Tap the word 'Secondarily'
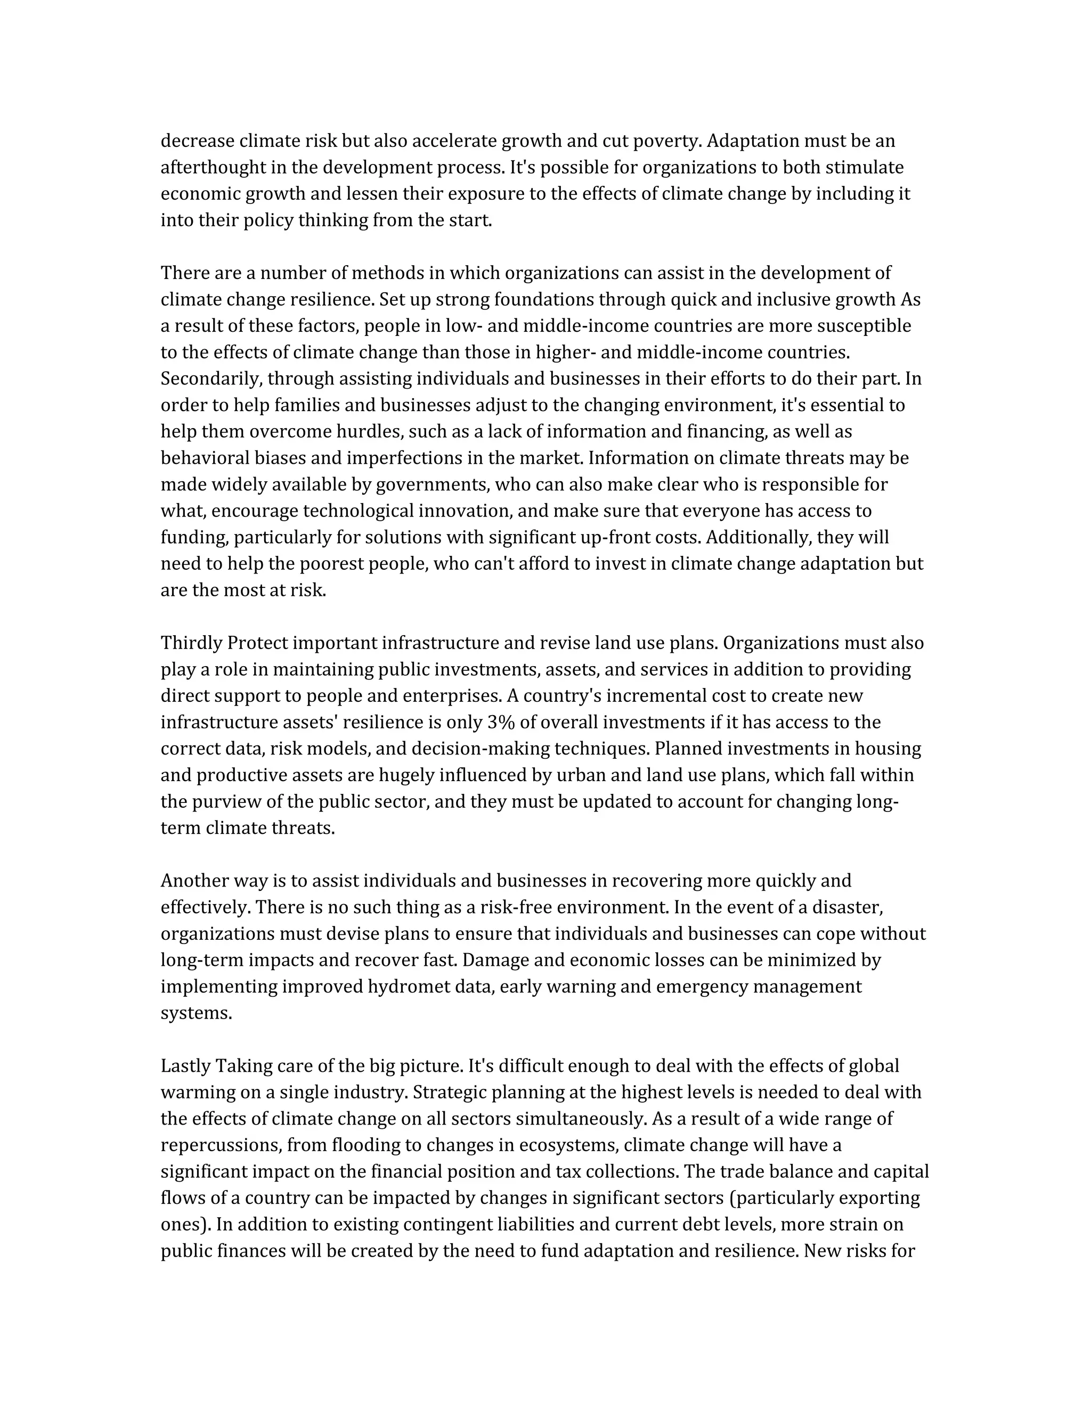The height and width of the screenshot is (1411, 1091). pos(211,379)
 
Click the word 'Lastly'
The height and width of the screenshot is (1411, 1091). pos(185,1065)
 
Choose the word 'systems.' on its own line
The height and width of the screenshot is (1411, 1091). pos(196,1013)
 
